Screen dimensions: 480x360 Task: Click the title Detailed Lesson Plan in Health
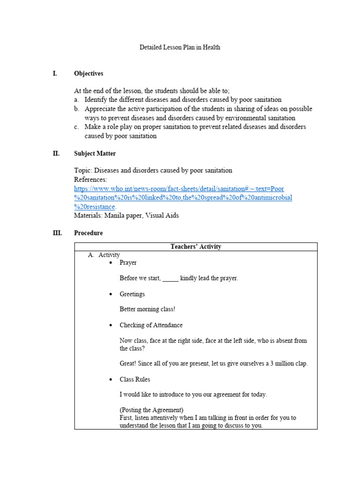pos(180,47)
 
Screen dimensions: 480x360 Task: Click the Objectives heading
pos(89,74)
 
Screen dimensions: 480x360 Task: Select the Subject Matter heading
pos(95,153)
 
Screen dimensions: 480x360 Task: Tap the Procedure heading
pos(88,233)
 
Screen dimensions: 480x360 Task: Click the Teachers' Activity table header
pos(195,247)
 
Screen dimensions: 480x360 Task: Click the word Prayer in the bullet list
pos(128,262)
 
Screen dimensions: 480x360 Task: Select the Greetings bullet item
pos(132,294)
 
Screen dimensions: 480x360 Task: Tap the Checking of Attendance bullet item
pos(151,325)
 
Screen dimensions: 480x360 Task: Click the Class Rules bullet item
pos(135,379)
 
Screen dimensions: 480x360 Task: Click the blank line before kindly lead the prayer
pos(170,278)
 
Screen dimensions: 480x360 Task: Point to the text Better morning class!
pos(147,309)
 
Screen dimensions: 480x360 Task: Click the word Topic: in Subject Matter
pos(83,171)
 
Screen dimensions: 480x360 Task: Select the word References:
pos(90,180)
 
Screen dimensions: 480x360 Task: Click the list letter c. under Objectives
pos(76,127)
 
